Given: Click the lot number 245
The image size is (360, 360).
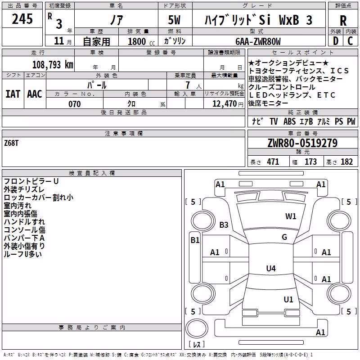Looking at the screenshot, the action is point(22,19).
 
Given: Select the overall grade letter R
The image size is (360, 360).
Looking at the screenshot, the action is point(343,21).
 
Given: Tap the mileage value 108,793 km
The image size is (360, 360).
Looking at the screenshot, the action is point(53,65).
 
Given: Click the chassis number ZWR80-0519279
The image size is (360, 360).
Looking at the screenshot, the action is point(302,143).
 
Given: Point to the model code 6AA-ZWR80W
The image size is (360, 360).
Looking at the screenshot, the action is point(258,41).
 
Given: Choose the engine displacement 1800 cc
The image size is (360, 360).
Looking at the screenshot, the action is point(141,41).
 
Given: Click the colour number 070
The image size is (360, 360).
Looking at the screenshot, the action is point(74,104).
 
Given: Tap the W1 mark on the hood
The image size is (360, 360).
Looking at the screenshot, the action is point(291,216).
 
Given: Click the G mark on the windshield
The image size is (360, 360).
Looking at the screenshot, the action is point(284,237).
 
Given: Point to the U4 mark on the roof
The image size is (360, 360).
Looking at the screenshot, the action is point(271,268).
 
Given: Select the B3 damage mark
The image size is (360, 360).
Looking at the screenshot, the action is point(224,225).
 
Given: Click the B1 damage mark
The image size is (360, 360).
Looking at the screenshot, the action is point(195,240).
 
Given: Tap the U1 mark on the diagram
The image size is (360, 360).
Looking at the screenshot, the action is point(288,300).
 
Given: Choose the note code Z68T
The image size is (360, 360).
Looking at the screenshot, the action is point(11,143).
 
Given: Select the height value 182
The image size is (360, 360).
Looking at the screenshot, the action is point(346,162).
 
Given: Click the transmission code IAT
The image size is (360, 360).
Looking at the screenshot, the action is point(13,94).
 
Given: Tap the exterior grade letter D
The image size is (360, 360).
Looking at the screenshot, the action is point(336,41).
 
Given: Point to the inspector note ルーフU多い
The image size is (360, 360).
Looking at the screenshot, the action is point(23,254).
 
